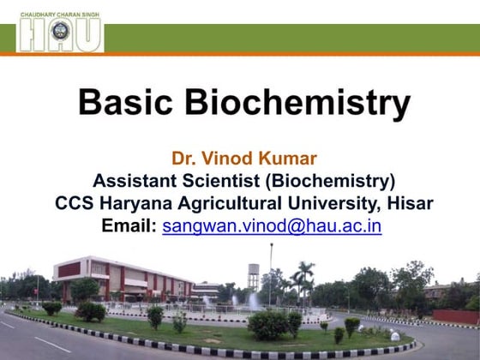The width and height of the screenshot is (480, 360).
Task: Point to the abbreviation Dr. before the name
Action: coord(184,159)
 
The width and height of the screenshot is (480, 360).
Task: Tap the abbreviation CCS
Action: coord(75,204)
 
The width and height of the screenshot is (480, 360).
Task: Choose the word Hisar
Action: coord(407,204)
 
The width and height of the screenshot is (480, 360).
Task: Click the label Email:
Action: coord(129,226)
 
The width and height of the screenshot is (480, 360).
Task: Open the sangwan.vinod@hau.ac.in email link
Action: coord(272,226)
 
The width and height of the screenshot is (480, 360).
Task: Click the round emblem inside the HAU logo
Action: coord(60,33)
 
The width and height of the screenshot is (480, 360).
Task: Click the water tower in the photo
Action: coord(254,277)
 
